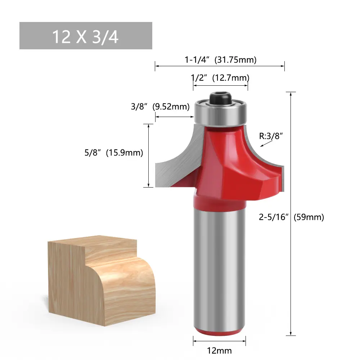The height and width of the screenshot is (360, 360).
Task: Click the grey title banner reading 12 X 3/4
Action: coord(86,36)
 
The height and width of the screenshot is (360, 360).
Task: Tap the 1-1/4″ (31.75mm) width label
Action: coord(220,60)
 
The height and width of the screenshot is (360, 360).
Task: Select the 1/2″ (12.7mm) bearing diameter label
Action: coord(220,78)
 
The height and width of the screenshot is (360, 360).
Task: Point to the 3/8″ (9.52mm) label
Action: coord(160,107)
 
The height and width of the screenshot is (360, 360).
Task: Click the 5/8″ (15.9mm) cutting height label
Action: coord(114,153)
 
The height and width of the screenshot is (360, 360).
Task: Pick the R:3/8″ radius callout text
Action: coord(271,136)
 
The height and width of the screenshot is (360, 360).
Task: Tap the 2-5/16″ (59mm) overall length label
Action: coord(291,217)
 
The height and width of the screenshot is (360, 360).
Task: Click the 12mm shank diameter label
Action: coord(219,351)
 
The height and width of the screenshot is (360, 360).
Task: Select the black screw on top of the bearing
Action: coord(220,99)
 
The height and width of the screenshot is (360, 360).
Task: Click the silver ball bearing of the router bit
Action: coord(220,113)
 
